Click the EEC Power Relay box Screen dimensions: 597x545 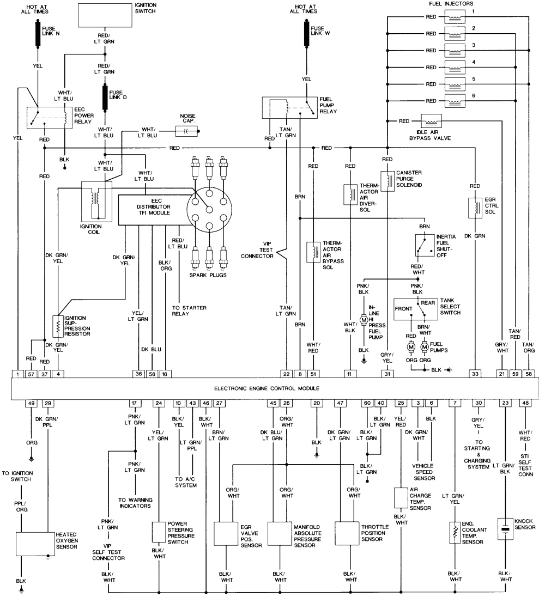(50, 118)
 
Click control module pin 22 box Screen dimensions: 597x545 (286, 374)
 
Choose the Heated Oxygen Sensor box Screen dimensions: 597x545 (35, 543)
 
